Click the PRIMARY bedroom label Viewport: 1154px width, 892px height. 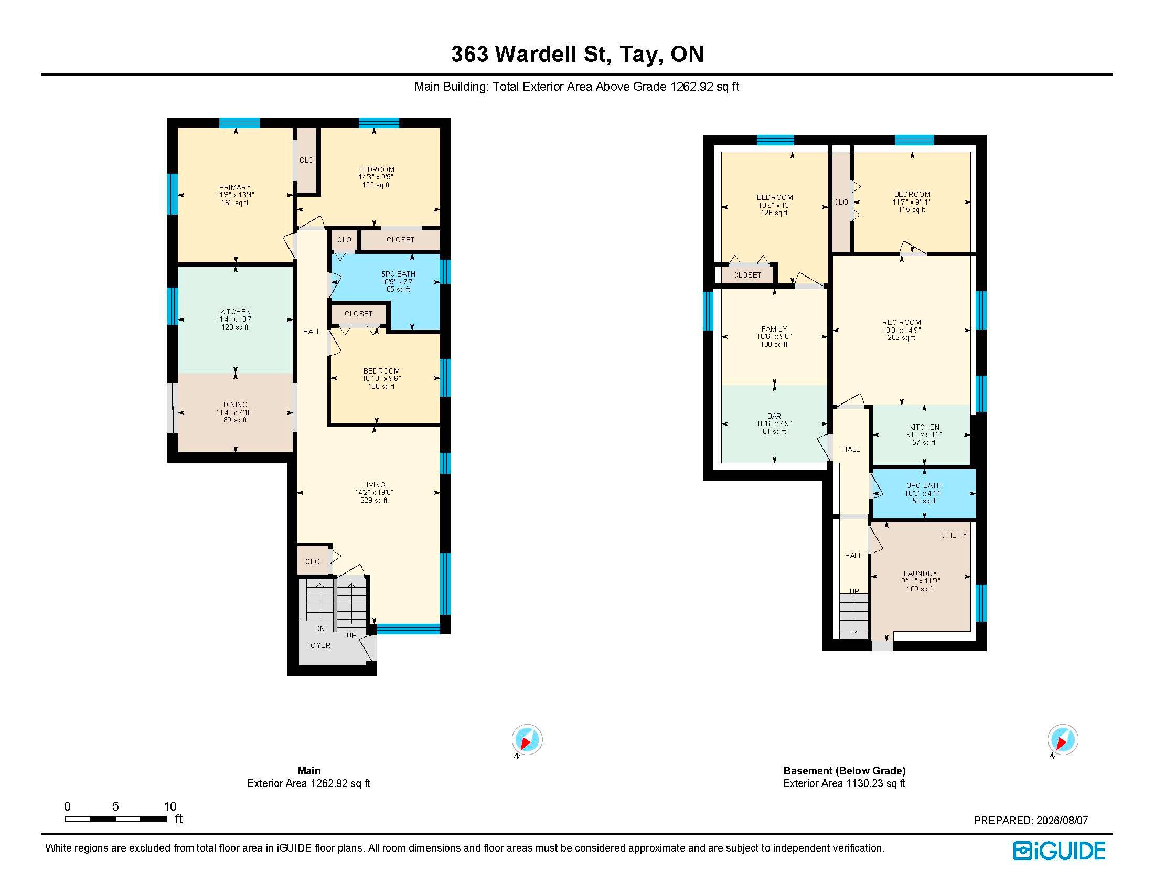(x=235, y=187)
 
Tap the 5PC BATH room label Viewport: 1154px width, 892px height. (x=399, y=274)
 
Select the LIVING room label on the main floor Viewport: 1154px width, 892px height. (x=374, y=485)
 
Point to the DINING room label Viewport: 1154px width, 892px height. (x=235, y=405)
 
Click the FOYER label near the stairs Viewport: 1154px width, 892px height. (x=318, y=645)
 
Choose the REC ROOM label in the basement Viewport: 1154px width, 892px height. (x=901, y=322)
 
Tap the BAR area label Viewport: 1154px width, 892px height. (x=774, y=416)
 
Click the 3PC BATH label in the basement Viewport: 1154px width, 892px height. (x=924, y=485)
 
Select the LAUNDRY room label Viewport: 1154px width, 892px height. (x=921, y=574)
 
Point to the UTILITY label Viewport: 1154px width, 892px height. (x=954, y=535)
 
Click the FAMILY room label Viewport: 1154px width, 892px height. (x=774, y=328)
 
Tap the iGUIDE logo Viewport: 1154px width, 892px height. (x=1059, y=851)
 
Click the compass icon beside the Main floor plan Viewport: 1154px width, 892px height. (x=527, y=740)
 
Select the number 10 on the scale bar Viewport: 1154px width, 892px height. (x=169, y=806)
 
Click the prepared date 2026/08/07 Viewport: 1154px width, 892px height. (x=1062, y=821)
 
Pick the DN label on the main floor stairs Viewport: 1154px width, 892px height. (x=319, y=629)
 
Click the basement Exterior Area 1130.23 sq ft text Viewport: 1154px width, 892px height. (x=845, y=783)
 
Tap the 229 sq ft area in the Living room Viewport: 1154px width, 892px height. (x=374, y=500)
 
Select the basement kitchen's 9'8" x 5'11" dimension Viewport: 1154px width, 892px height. (x=924, y=435)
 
